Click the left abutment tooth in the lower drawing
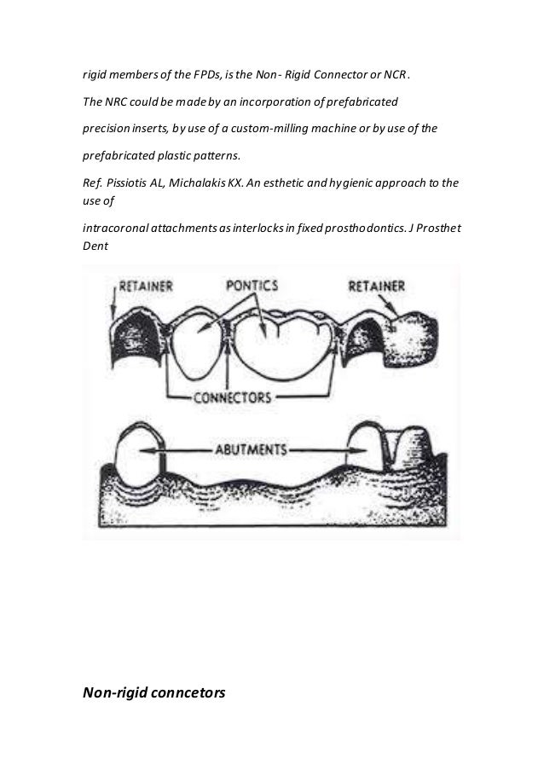click(136, 460)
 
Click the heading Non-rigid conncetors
click(153, 693)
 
